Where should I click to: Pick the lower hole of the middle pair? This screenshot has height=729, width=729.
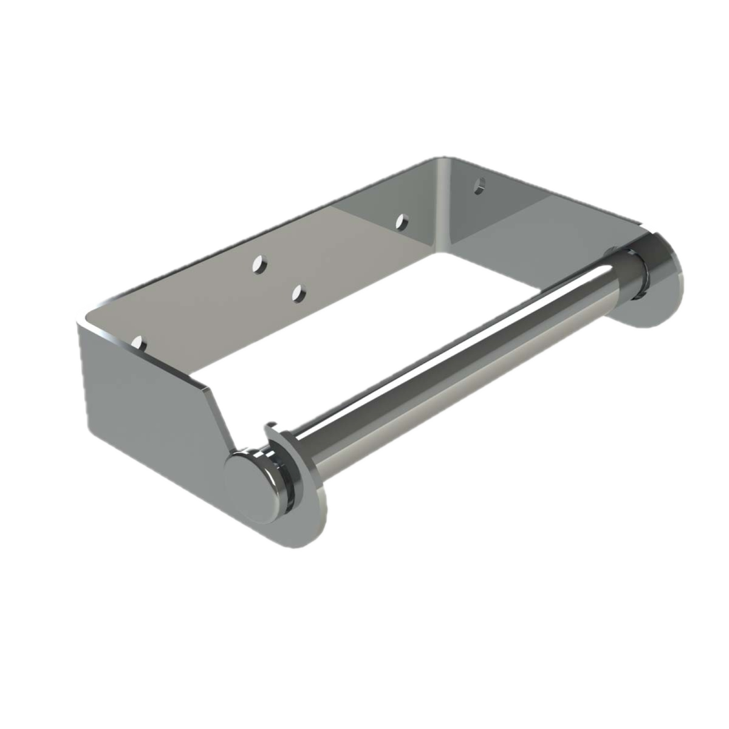click(298, 294)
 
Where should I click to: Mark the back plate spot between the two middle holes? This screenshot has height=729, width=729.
click(279, 279)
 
